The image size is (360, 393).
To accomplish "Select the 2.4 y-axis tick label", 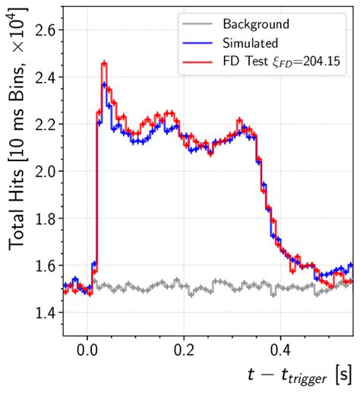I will [x=46, y=77].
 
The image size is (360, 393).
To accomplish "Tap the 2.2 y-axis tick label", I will [x=46, y=124].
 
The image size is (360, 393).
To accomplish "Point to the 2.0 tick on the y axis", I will [x=46, y=171].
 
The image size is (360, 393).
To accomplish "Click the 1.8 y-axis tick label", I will [x=46, y=218].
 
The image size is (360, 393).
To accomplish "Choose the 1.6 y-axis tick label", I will [x=46, y=265].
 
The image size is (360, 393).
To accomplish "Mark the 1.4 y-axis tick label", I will [x=46, y=312].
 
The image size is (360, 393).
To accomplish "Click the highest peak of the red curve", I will [x=104, y=64].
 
